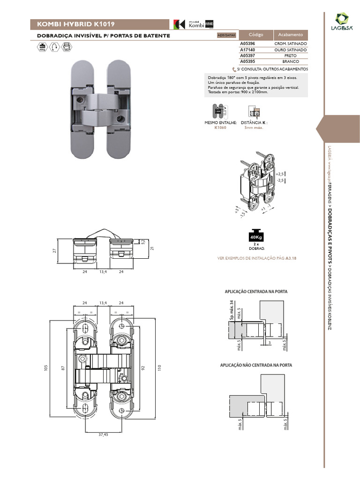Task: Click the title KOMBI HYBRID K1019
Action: point(73,24)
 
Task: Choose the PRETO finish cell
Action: point(290,55)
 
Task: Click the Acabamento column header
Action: point(290,35)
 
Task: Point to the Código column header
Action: point(256,35)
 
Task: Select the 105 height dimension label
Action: point(46,368)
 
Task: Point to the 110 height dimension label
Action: point(159,368)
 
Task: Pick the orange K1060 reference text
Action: point(220,127)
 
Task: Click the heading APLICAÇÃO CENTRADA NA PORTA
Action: point(256,292)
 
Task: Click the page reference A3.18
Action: point(291,258)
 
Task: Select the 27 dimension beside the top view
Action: point(54,251)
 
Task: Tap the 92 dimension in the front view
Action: point(144,368)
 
